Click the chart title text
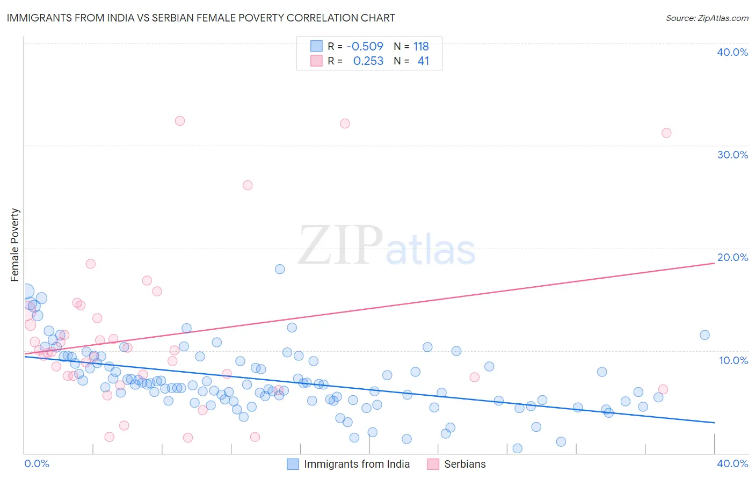pyautogui.click(x=201, y=18)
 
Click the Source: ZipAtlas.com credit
pyautogui.click(x=707, y=18)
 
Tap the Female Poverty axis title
pyautogui.click(x=15, y=245)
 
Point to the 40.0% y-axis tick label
pyautogui.click(x=732, y=52)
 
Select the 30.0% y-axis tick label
pyautogui.click(x=732, y=155)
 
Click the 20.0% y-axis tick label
pyautogui.click(x=732, y=257)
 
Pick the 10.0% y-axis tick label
pyautogui.click(x=734, y=360)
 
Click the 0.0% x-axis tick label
pyautogui.click(x=37, y=463)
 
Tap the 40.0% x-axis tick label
pyautogui.click(x=732, y=463)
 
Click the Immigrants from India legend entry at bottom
pyautogui.click(x=349, y=464)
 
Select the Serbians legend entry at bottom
pyautogui.click(x=457, y=464)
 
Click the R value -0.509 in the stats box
pyautogui.click(x=365, y=47)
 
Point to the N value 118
pyautogui.click(x=421, y=47)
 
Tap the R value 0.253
pyautogui.click(x=368, y=61)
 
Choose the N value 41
pyautogui.click(x=423, y=61)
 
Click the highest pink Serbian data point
pyautogui.click(x=180, y=121)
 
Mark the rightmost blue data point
pyautogui.click(x=705, y=335)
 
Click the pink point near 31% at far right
pyautogui.click(x=666, y=133)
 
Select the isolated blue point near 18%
pyautogui.click(x=280, y=269)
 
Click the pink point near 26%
pyautogui.click(x=248, y=185)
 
